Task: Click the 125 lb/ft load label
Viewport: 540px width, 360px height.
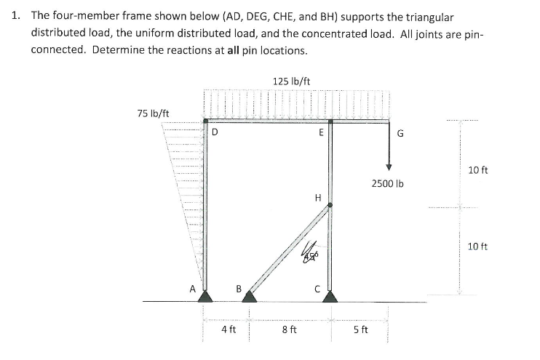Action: (291, 81)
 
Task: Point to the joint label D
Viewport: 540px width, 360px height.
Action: (215, 132)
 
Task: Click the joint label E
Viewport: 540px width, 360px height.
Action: (321, 132)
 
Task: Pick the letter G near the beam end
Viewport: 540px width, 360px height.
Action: (400, 133)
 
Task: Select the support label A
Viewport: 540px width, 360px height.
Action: (193, 287)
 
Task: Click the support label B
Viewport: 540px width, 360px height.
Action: (238, 287)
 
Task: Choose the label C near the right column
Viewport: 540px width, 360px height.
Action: (317, 287)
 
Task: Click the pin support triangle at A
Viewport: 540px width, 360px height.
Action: (206, 296)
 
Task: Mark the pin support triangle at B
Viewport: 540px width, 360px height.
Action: (250, 296)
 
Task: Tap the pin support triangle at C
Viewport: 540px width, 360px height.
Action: (330, 296)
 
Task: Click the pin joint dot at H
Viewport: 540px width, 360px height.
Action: (330, 205)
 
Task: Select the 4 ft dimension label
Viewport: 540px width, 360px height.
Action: (228, 329)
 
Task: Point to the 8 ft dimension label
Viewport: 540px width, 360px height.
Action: (289, 329)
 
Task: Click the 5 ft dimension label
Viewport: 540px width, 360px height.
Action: (360, 329)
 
